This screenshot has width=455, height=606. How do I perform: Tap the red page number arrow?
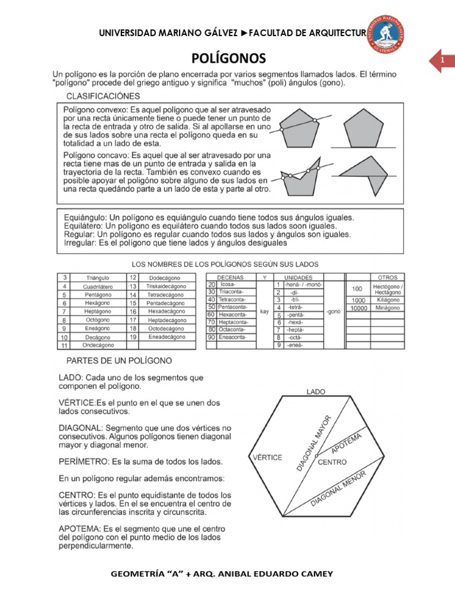pos(442,61)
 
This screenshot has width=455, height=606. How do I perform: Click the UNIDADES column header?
pos(299,277)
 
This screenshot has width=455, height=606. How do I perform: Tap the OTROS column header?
pos(387,277)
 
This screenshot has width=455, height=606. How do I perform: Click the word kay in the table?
pos(265,310)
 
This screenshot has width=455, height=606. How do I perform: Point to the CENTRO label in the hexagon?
pos(332,462)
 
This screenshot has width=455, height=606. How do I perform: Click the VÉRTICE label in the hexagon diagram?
pos(267,457)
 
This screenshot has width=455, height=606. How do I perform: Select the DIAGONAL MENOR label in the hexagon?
pos(338,491)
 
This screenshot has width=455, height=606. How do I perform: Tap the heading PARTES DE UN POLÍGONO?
pos(115,360)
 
